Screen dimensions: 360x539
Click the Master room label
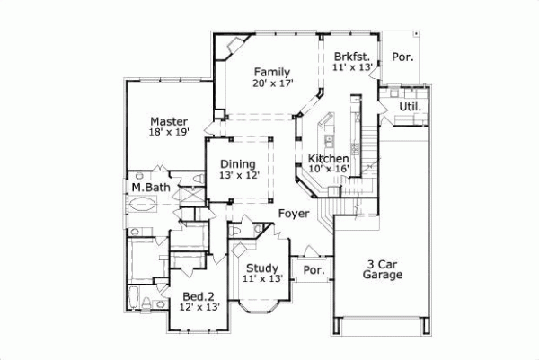pyautogui.click(x=169, y=121)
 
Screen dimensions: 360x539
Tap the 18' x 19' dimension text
pyautogui.click(x=169, y=134)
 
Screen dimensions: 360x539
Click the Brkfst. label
pyautogui.click(x=351, y=54)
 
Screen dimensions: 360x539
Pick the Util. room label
pyautogui.click(x=409, y=108)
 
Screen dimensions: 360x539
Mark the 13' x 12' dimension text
pyautogui.click(x=239, y=176)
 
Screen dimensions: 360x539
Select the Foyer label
pyautogui.click(x=293, y=214)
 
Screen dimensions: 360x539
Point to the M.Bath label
pyautogui.click(x=150, y=188)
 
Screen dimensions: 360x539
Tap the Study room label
pyautogui.click(x=262, y=267)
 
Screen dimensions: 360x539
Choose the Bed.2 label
pyautogui.click(x=198, y=297)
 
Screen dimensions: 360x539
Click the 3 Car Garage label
pyautogui.click(x=384, y=269)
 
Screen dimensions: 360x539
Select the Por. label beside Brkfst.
pyautogui.click(x=403, y=57)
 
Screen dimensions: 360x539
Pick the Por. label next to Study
pyautogui.click(x=314, y=270)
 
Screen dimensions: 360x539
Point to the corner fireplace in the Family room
pyautogui.click(x=235, y=45)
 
